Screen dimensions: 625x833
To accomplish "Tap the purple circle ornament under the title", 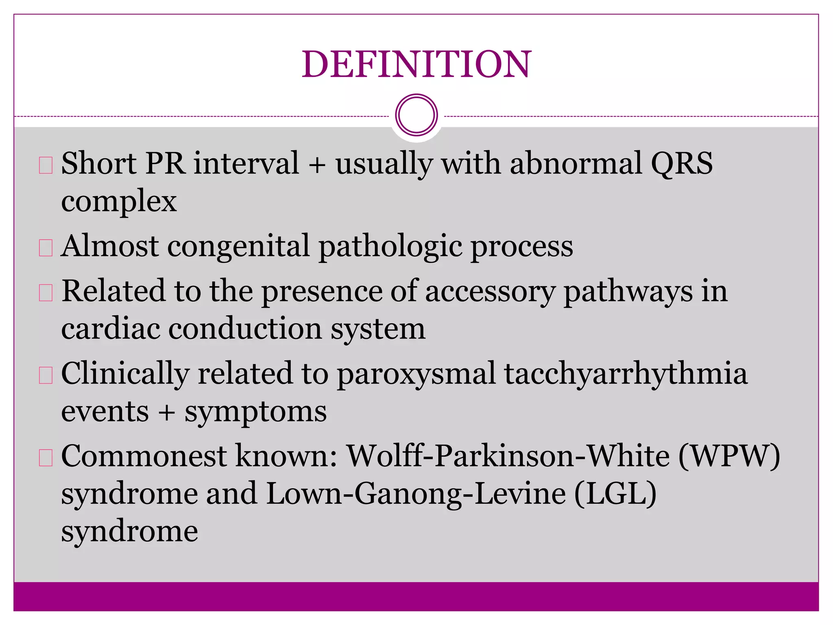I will (x=416, y=115).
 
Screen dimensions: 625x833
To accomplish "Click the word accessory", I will (x=490, y=291).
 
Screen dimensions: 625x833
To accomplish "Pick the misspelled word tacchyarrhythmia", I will (x=626, y=374).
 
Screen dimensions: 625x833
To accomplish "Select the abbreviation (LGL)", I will (x=615, y=494).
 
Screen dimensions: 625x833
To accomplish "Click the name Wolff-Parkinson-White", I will (x=508, y=456).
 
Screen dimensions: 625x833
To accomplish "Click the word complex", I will (x=119, y=201).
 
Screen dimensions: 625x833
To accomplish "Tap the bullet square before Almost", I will (x=46, y=247).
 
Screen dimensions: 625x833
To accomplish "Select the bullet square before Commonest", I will (x=46, y=457).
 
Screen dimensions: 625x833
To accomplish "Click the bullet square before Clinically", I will (x=46, y=375).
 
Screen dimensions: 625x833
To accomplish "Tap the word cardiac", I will (x=110, y=329).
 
